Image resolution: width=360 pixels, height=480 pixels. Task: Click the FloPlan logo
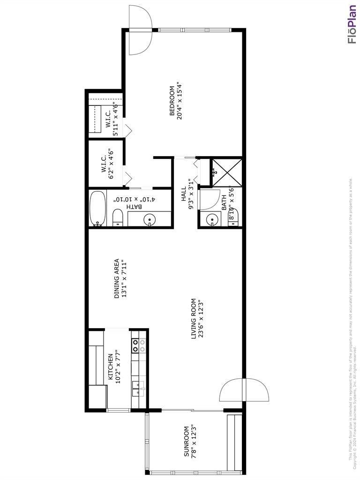(x=352, y=24)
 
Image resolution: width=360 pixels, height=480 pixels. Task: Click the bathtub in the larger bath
(x=97, y=209)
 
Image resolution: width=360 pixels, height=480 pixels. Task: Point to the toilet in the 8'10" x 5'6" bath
(x=233, y=218)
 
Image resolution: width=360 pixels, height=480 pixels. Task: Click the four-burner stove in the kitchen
(x=135, y=346)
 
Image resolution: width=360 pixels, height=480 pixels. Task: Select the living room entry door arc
(x=244, y=390)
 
